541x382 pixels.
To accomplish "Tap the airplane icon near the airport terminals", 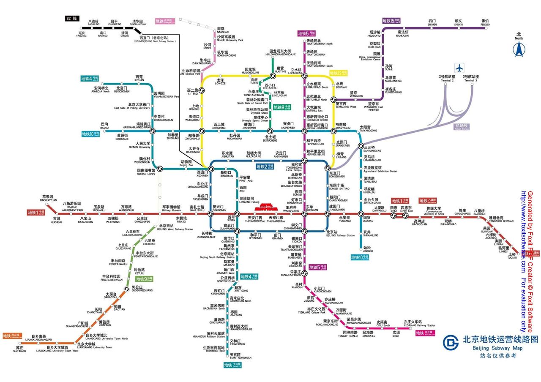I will click(x=459, y=68).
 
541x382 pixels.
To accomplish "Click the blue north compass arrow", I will click(x=519, y=50).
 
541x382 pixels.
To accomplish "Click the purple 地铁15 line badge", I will click(x=391, y=20).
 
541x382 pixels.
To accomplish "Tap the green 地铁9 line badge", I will click(x=145, y=279).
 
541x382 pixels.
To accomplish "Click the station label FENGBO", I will click(x=485, y=25).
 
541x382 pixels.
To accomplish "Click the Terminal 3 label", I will click(x=471, y=80).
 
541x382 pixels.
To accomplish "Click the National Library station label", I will click(x=146, y=174).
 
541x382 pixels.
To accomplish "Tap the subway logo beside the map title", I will click(x=451, y=342).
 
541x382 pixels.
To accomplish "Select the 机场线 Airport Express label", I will click(x=461, y=126).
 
